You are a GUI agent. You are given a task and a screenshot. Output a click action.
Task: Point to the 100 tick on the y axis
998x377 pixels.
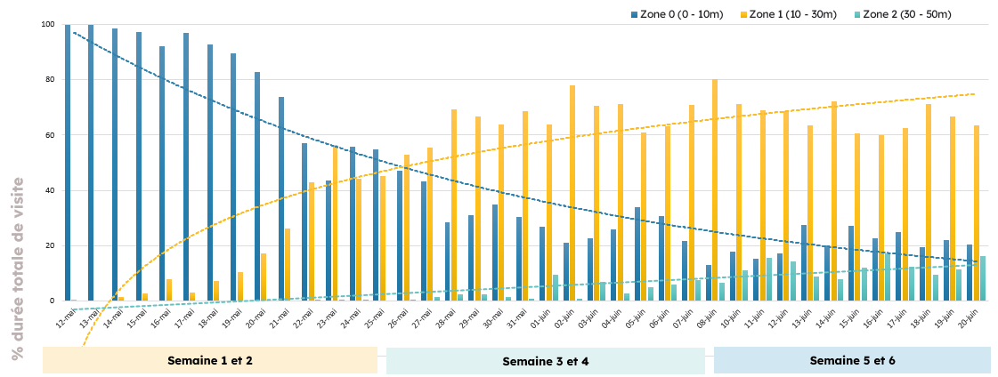[x=48, y=25]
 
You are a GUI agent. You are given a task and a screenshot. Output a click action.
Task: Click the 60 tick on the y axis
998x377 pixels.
[x=50, y=135]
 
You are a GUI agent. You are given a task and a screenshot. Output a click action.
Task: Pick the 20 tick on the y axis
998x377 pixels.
[x=50, y=245]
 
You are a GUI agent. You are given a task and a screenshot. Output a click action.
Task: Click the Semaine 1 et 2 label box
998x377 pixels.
[x=209, y=360]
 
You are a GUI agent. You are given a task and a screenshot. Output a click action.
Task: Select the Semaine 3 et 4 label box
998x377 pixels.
[x=545, y=361]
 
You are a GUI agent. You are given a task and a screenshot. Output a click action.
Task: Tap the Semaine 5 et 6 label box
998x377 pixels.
[x=852, y=360]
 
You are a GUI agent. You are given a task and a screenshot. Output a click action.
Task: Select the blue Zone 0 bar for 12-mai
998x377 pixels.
[x=68, y=163]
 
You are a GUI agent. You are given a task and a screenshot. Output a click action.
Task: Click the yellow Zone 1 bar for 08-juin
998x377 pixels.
[x=715, y=190]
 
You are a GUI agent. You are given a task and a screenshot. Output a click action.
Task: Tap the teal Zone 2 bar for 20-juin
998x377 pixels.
[x=982, y=278]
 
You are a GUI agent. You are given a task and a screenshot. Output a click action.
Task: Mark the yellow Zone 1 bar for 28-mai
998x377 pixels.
[x=454, y=205]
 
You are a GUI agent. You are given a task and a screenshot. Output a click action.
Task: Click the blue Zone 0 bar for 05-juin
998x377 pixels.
[x=637, y=254]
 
